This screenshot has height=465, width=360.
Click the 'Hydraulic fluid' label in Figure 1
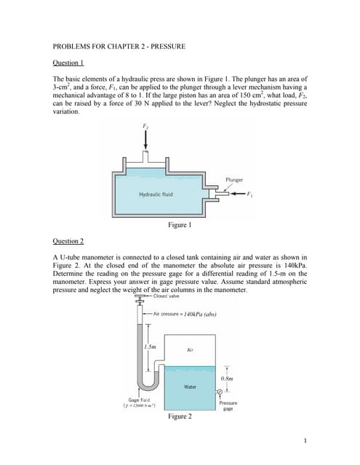(156, 194)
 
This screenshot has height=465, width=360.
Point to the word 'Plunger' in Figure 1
(234, 179)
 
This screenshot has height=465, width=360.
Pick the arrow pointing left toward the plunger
(238, 194)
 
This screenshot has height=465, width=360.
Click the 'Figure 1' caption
(179, 225)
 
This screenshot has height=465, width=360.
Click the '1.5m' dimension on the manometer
(151, 346)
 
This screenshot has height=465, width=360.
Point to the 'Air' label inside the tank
(190, 349)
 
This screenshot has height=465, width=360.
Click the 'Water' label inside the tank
(190, 386)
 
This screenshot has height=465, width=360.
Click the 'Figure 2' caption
(180, 417)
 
